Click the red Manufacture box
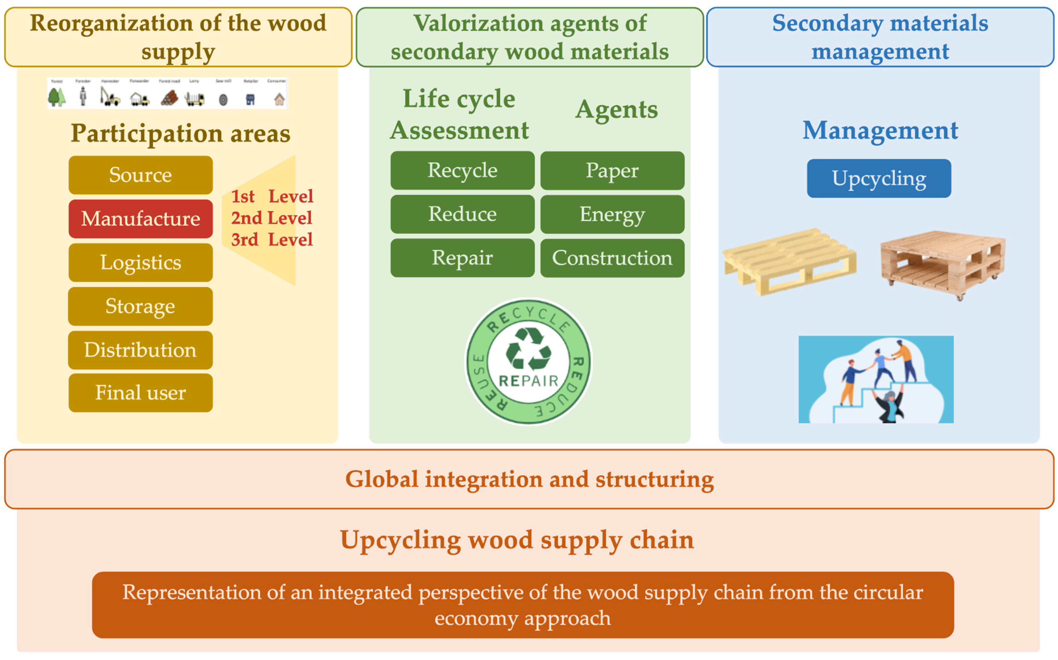[141, 219]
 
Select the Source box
[141, 175]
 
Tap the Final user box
[141, 392]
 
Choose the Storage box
[141, 306]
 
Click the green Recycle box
[462, 170]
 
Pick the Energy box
[612, 214]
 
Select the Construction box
[612, 258]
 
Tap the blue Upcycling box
[878, 178]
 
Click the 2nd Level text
[271, 218]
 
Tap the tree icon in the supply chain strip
[57, 97]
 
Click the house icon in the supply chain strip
[279, 99]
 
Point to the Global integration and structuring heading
[529, 479]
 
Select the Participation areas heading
[180, 133]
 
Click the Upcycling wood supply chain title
[517, 540]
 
